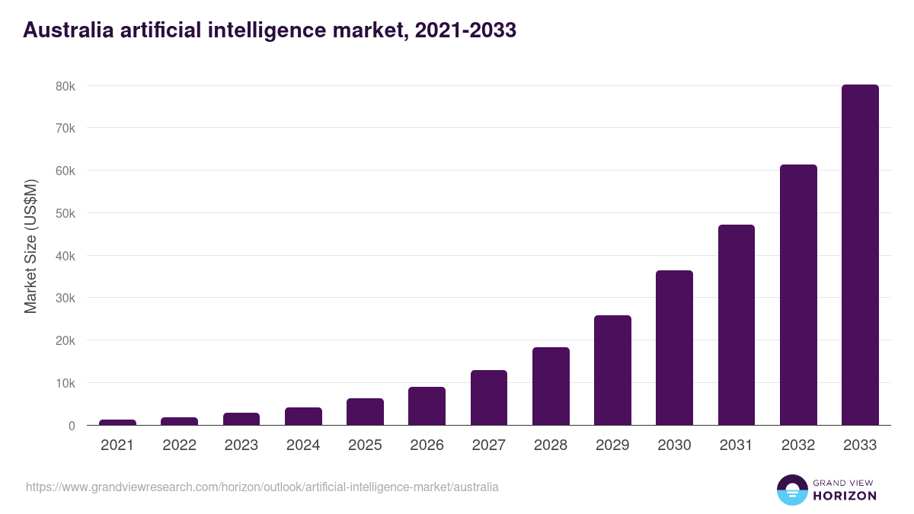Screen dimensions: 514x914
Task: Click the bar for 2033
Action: point(860,255)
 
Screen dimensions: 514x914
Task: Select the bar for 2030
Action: point(674,348)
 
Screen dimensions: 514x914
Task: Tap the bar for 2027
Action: point(489,397)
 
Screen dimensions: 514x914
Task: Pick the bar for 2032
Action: point(798,295)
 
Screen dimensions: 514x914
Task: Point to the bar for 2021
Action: point(117,422)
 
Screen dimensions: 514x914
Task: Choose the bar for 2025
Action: point(365,412)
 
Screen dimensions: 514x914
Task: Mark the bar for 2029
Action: point(612,370)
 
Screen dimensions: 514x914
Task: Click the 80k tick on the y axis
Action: point(66,86)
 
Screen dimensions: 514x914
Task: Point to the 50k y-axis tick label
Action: point(66,213)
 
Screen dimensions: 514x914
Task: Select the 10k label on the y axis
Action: point(66,383)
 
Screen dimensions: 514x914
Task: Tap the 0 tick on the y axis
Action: point(72,426)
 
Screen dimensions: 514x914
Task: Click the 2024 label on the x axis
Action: point(303,445)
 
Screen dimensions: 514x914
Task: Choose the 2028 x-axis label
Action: point(551,445)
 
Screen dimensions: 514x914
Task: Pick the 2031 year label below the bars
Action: point(736,445)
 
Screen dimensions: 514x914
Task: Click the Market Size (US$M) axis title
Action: point(30,247)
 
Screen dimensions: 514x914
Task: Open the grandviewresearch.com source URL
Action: point(262,487)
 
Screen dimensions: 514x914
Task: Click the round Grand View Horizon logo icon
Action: point(791,490)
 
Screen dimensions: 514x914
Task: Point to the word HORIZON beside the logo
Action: point(844,496)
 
